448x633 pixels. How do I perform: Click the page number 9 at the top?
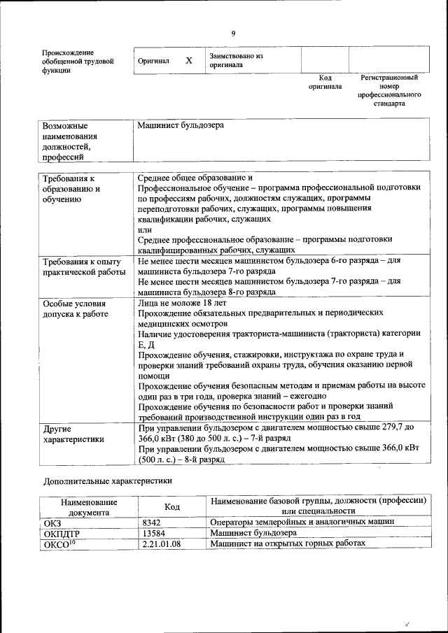pos(233,33)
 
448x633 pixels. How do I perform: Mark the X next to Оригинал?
pos(189,61)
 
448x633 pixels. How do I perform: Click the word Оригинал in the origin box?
pos(154,61)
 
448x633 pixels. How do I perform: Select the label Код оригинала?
pos(325,83)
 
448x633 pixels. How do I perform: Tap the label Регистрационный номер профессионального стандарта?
pos(388,90)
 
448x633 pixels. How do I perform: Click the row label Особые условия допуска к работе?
pos(75,309)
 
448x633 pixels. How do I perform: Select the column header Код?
pos(171,506)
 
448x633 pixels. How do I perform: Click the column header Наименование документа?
pos(89,506)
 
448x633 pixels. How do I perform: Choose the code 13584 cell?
pos(153,533)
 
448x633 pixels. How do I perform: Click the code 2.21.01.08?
pos(161,543)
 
